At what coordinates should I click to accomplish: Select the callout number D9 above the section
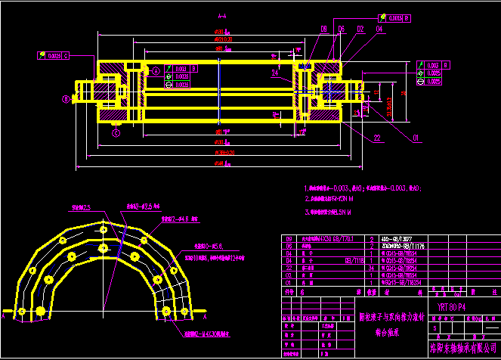(323, 29)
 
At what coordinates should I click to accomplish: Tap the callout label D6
(342, 29)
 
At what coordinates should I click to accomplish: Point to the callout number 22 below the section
(376, 137)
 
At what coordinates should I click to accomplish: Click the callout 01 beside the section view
(415, 138)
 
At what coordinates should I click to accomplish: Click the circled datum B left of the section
(66, 98)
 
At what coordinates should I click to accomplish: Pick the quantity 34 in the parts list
(371, 268)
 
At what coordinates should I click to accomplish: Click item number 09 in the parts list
(288, 238)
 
